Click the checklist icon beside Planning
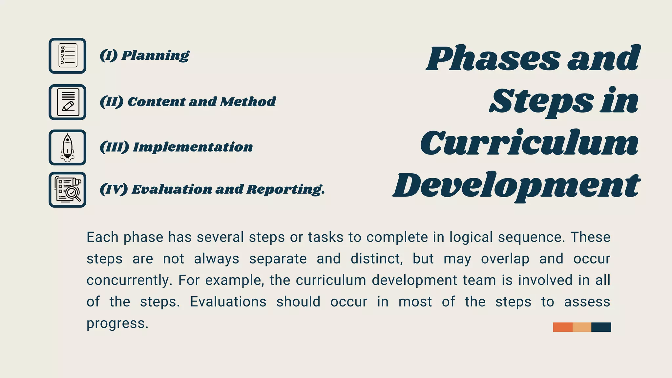(68, 56)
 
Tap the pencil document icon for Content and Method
(68, 102)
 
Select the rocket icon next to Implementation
(68, 147)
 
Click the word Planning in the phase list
(155, 55)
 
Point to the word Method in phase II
(248, 102)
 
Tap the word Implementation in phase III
(193, 147)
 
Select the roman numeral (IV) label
(114, 189)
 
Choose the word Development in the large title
(516, 185)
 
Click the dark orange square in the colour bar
(563, 327)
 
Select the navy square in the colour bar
(601, 327)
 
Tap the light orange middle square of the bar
(582, 327)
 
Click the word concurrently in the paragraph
(129, 281)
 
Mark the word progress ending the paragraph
(117, 324)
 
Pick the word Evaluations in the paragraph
(228, 302)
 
